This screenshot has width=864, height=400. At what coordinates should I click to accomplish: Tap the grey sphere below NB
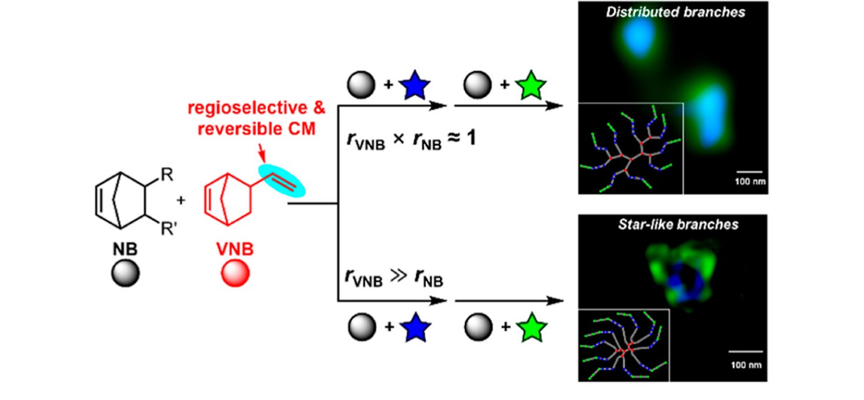(x=125, y=274)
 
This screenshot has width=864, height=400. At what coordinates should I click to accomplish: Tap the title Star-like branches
(x=673, y=225)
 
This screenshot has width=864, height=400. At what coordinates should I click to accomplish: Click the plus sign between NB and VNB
(x=181, y=201)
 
